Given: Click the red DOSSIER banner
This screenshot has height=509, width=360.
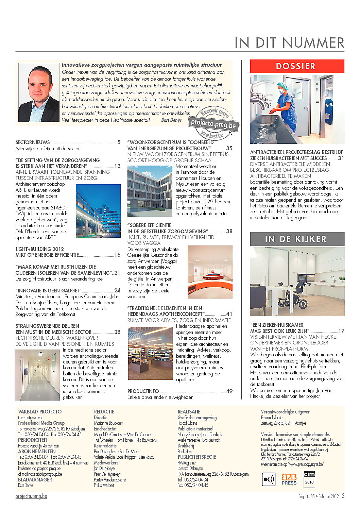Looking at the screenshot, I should pos(297,66).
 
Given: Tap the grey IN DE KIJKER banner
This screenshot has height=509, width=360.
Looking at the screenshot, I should pos(297,239).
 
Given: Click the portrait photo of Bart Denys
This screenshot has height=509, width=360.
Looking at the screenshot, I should pos(39,93).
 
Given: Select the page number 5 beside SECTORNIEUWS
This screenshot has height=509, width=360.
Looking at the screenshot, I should pos(119,142).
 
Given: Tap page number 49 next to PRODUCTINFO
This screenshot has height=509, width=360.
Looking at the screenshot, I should pos(229,391).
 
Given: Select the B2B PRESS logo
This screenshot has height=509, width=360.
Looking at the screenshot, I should pos(289,479).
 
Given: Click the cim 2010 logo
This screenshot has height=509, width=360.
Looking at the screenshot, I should pos(309,479).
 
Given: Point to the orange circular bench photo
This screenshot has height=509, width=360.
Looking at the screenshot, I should pos(210,272).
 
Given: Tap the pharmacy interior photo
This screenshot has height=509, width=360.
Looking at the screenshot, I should pos(150,354).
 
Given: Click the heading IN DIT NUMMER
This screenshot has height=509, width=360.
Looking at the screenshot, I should pos(289,43).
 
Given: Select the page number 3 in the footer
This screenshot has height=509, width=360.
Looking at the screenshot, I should pos(343,496).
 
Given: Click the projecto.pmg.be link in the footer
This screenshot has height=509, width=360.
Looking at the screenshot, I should pos(31,496).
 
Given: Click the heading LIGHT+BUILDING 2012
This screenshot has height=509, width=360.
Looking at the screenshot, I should pos(40,249).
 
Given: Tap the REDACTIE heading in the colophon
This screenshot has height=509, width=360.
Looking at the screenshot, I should pos(104,411).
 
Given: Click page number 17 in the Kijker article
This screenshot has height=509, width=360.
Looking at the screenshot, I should pos(341,331).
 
